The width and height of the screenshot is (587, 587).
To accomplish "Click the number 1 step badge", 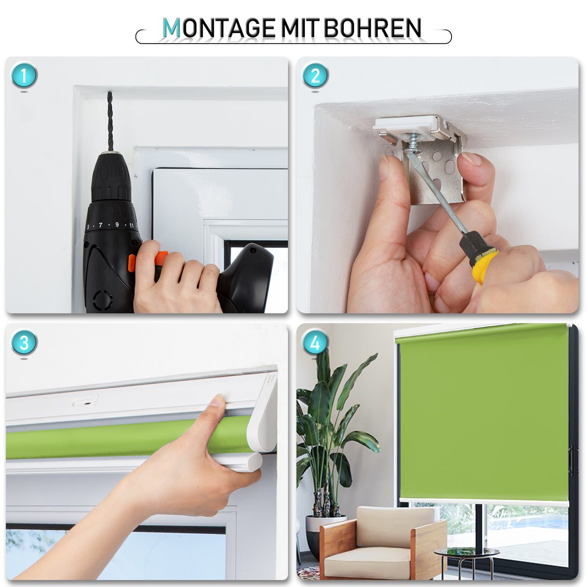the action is click(x=24, y=75).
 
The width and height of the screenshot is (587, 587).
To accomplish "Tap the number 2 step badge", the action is click(x=315, y=75).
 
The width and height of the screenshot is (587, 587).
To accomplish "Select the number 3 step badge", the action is click(x=24, y=342).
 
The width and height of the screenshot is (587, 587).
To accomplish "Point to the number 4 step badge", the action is click(x=315, y=342).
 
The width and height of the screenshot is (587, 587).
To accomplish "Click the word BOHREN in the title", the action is click(x=372, y=28).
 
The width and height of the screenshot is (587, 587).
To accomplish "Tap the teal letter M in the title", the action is click(x=172, y=28).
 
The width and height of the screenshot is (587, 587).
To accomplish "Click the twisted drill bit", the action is click(x=110, y=121).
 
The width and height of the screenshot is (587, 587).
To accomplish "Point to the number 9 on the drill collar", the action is click(x=117, y=225).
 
